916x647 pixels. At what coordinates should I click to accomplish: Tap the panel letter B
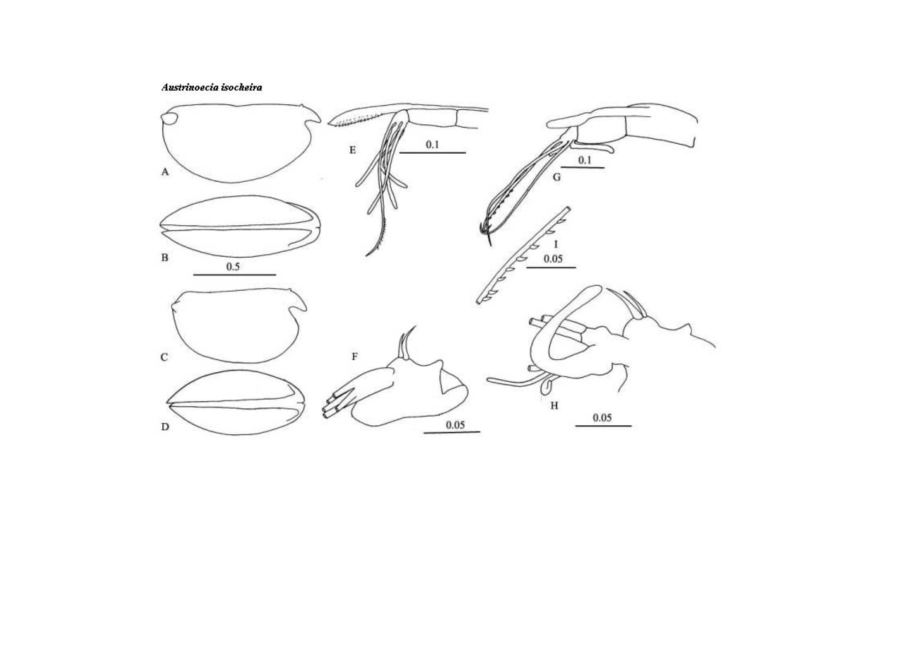pos(164,258)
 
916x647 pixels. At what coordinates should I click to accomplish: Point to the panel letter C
pos(164,357)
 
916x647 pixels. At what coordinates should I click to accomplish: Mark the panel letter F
pos(354,357)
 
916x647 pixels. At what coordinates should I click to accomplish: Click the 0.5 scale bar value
pos(233,266)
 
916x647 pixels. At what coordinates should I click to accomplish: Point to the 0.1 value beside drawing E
pos(432,144)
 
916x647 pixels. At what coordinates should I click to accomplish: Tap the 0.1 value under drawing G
pos(584,160)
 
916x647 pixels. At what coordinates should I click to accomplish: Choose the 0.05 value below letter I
pos(553,259)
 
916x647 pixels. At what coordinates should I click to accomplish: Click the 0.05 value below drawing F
pos(455,425)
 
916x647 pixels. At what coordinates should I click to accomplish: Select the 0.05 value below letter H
pos(602,418)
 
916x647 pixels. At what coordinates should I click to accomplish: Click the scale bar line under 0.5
pos(234,275)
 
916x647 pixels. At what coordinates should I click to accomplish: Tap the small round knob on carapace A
pos(169,119)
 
